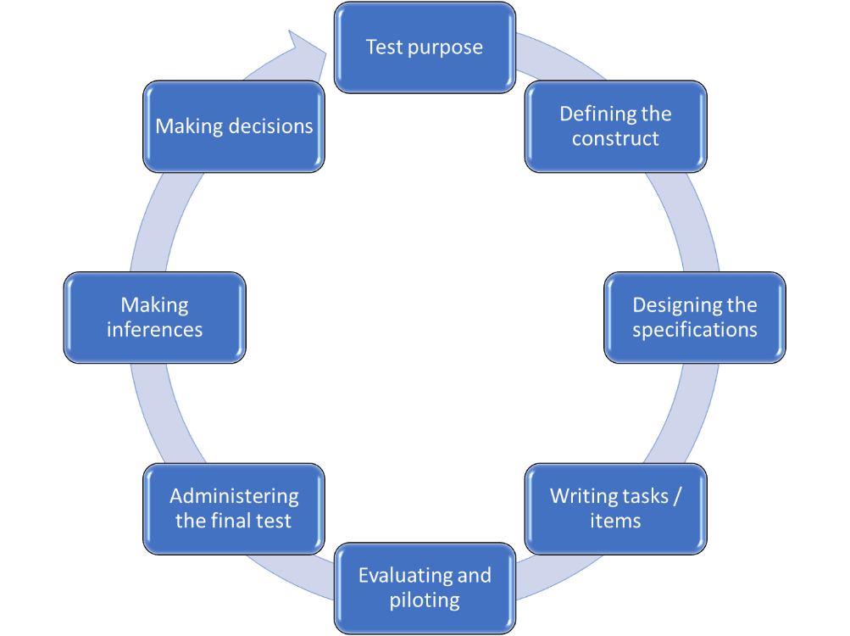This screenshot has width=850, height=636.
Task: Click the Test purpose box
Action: pos(425,47)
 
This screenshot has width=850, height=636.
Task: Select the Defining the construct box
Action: pos(615,126)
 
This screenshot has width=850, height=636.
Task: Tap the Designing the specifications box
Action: pos(695,317)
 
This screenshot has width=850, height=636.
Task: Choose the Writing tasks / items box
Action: pos(615,508)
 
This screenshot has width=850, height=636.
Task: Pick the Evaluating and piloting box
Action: pos(425,589)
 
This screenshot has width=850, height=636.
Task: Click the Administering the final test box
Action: pos(234,508)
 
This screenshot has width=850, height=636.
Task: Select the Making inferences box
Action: pos(154,317)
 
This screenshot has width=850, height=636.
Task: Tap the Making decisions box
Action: pos(234,126)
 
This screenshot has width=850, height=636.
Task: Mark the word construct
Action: pos(615,139)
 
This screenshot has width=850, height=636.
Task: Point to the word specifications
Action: pos(695,330)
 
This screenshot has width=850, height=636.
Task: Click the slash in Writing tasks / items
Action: pos(675,496)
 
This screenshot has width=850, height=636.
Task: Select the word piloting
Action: pos(425,601)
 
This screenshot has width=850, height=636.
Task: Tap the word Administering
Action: pos(234,496)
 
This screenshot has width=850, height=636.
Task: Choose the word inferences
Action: pos(154,330)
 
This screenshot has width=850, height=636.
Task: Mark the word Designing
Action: pos(672,305)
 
